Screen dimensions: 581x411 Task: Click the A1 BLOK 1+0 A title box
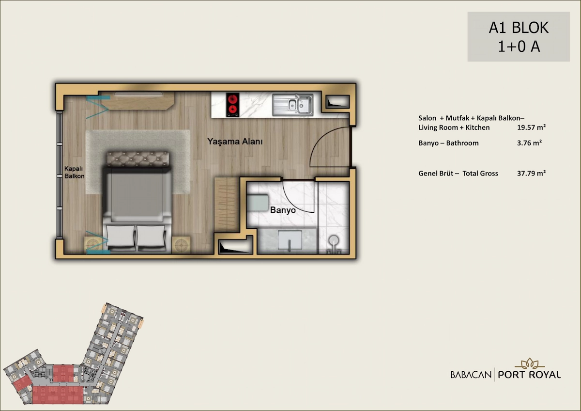point(519,37)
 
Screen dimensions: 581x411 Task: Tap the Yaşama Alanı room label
point(235,142)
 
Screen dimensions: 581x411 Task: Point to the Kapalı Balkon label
point(75,173)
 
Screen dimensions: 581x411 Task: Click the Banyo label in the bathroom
point(283,210)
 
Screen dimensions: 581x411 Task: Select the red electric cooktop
point(232,105)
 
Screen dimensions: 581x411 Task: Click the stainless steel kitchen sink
point(293,105)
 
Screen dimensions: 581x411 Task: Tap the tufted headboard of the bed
point(138,158)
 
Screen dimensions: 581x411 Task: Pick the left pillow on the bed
point(121,236)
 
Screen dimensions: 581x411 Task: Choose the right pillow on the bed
point(151,236)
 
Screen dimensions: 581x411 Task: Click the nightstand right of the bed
point(181,245)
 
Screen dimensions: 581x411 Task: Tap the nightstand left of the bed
point(93,245)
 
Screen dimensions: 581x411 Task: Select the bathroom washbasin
point(290,241)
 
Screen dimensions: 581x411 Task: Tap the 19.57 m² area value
point(532,127)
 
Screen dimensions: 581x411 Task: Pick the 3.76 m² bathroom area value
point(529,143)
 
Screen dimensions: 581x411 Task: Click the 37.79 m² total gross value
point(532,173)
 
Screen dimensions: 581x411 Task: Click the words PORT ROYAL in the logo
point(529,375)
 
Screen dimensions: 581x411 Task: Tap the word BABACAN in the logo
point(471,375)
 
